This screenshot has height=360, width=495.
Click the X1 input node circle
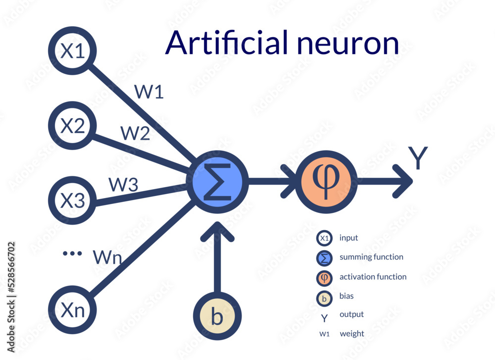click(72, 51)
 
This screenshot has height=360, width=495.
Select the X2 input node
click(72, 127)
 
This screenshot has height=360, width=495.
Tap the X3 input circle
click(72, 201)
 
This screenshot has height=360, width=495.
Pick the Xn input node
click(72, 310)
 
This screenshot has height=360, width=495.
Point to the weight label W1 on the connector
click(148, 92)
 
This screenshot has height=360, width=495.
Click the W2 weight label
click(135, 133)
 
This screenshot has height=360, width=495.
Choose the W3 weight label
click(123, 185)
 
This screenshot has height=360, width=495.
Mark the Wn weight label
click(107, 257)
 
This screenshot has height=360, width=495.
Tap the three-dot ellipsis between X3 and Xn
click(72, 254)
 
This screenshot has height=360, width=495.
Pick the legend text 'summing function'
click(371, 257)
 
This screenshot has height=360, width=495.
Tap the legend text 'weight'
click(351, 334)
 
